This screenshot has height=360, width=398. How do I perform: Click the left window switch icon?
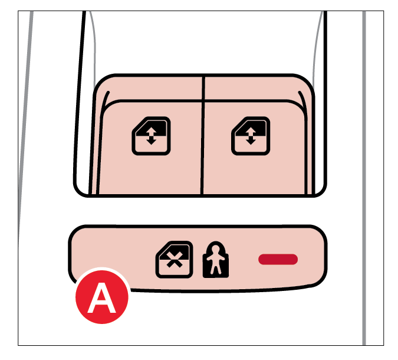152,136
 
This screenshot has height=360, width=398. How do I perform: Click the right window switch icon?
251,136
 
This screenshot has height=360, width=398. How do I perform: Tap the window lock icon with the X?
174,260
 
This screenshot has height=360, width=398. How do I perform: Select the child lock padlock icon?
216,260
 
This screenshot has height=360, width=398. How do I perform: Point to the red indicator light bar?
278,259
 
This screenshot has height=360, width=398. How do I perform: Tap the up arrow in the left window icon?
152,132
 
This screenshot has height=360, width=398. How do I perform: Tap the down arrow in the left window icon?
152,140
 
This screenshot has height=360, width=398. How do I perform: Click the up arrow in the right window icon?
251,132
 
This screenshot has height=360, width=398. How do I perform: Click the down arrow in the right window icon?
251,140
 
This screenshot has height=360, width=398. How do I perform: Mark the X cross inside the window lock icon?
174,261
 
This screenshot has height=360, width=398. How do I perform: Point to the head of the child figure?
215,248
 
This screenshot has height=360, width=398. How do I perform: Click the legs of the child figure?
215,269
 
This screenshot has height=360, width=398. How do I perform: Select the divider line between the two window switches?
203,136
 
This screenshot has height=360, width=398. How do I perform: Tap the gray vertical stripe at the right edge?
364,178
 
